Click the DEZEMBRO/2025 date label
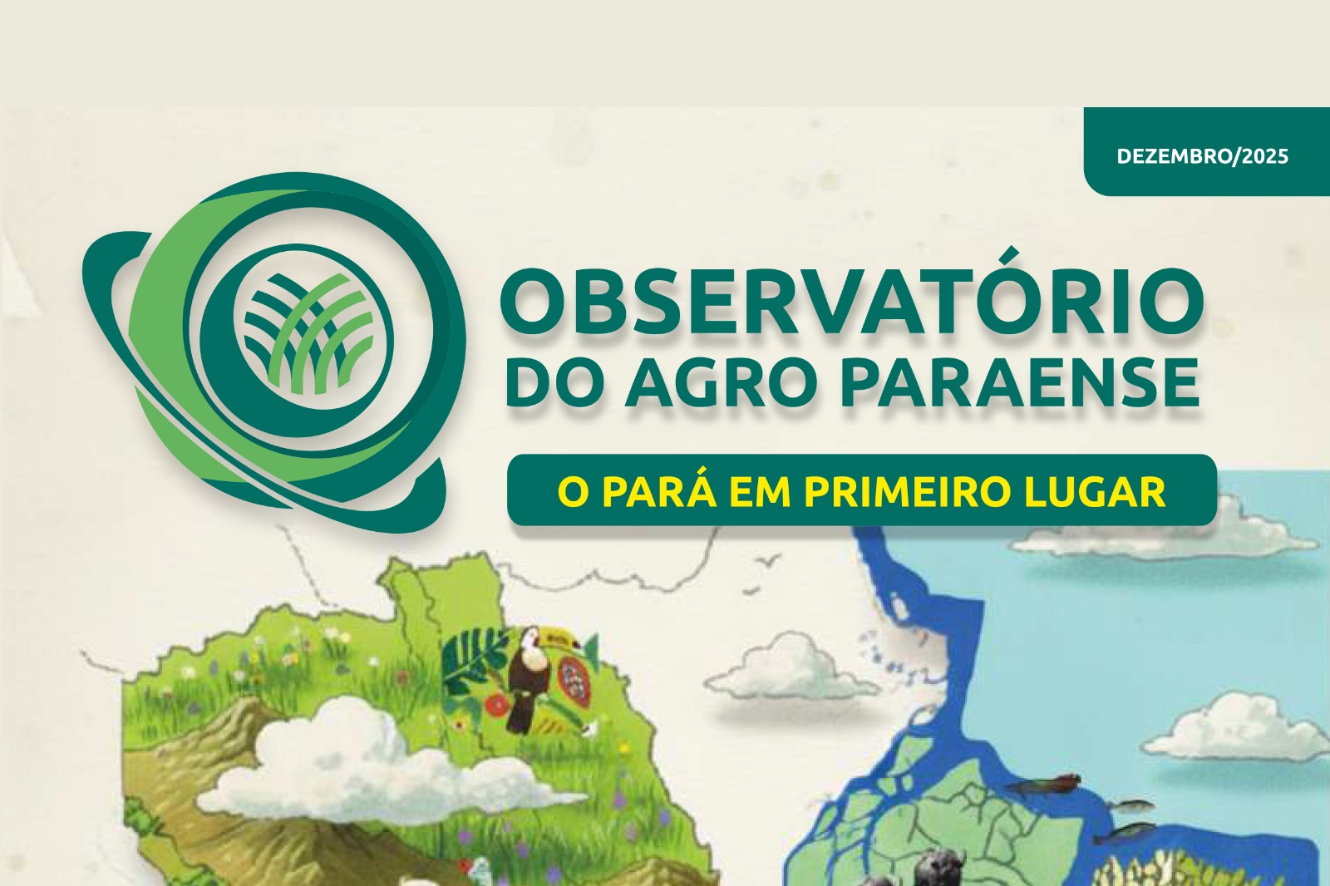(x=1202, y=156)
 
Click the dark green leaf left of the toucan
(x=475, y=659)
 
